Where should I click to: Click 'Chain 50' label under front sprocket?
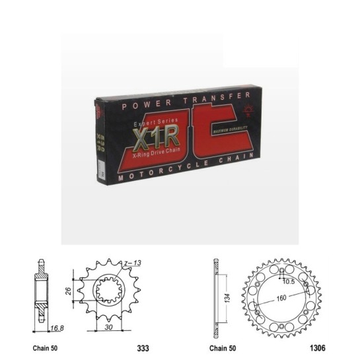tap(46, 346)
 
